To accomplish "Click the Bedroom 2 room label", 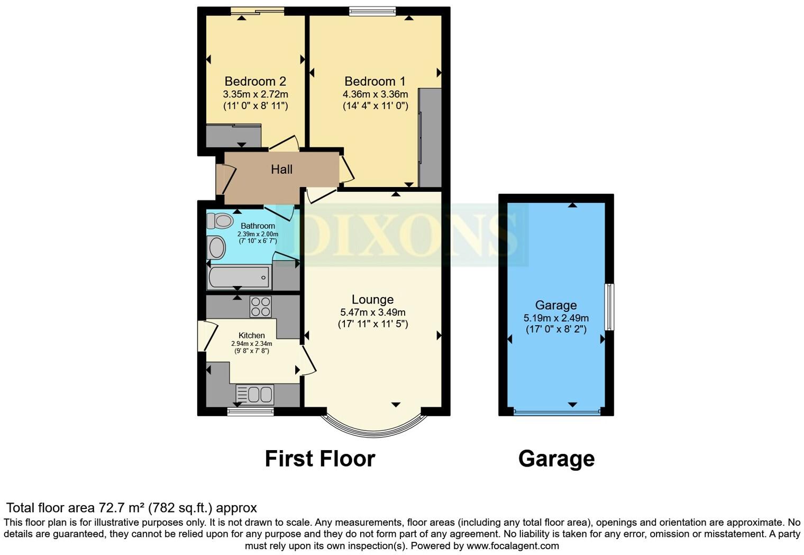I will (x=255, y=82).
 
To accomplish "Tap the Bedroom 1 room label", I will (x=374, y=82).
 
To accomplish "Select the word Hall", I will (x=281, y=169).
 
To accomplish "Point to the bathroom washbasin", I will (x=216, y=248).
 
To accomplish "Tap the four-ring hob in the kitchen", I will (x=260, y=307).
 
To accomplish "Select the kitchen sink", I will (x=254, y=395).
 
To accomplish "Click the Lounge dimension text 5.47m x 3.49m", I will (x=372, y=312).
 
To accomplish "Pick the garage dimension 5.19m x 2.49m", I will (x=556, y=318).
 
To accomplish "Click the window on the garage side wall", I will (x=609, y=307).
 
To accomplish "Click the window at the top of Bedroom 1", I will (x=372, y=11).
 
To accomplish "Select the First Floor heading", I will (x=319, y=459).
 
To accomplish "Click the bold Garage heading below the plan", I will (x=556, y=459).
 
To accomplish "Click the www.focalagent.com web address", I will (x=513, y=545).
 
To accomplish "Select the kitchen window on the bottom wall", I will (x=251, y=411).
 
